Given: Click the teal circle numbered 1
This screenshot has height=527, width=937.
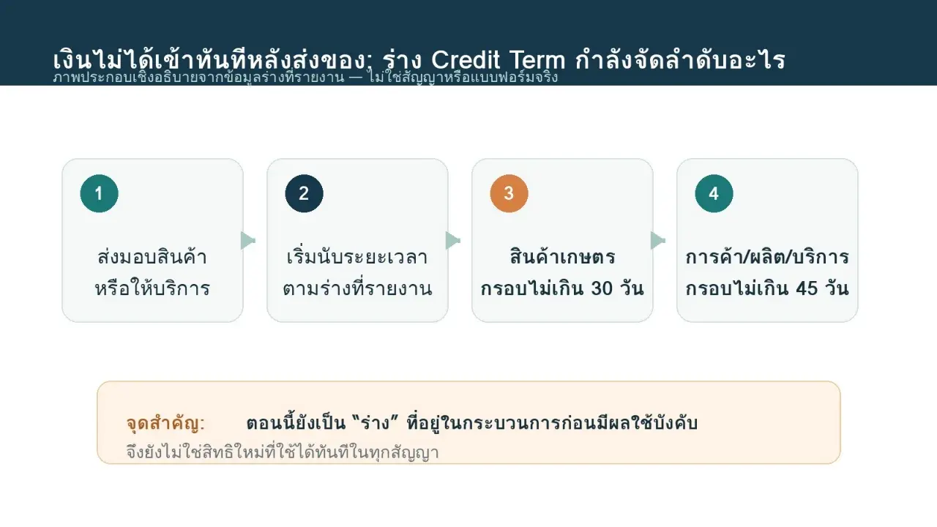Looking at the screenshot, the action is click(x=99, y=194).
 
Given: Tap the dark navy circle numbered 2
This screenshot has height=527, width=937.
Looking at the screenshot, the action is click(x=304, y=194).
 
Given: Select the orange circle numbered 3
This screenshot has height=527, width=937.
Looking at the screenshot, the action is click(x=509, y=194).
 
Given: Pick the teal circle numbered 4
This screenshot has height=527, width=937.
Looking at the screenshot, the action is click(x=714, y=194).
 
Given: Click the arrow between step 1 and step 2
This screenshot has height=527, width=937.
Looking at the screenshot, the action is click(x=248, y=241).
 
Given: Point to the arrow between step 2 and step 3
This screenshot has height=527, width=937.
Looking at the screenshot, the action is click(x=453, y=241).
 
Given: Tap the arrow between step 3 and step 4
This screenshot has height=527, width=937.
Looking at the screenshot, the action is click(x=658, y=241).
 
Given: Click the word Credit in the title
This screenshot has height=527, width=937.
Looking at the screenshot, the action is click(x=466, y=60).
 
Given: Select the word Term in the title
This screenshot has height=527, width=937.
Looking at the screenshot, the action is click(x=537, y=60).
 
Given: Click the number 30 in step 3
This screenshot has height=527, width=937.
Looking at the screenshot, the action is click(x=602, y=288).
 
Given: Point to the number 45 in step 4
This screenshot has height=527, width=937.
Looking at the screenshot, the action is click(x=807, y=288).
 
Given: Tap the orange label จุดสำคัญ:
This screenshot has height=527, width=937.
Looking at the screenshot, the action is click(x=165, y=423).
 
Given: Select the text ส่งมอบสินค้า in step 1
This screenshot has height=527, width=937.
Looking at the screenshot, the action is click(x=152, y=256).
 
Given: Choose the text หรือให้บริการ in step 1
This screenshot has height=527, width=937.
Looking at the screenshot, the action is click(x=152, y=288).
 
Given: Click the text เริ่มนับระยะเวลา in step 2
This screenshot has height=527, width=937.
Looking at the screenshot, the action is click(x=357, y=256).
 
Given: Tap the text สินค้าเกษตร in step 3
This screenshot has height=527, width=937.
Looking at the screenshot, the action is click(x=563, y=256).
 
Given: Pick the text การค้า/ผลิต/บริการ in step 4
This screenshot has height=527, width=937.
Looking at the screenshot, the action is click(x=767, y=256).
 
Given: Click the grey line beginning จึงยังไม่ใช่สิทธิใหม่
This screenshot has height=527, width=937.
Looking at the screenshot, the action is click(x=283, y=452).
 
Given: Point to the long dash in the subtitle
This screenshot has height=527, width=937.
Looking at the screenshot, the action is click(x=355, y=78).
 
